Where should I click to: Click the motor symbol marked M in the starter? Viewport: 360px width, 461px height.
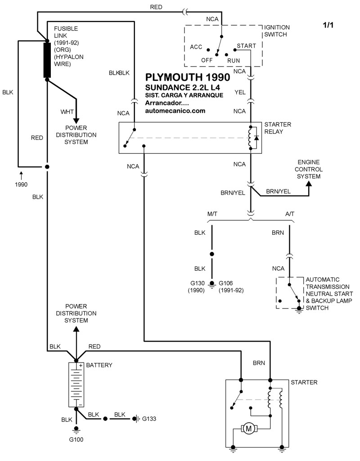(248, 429)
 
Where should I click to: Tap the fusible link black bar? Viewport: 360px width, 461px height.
(47, 60)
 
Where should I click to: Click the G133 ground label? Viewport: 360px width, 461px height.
(149, 419)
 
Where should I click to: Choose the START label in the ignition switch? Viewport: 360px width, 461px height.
(246, 46)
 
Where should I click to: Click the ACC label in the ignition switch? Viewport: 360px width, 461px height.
(196, 46)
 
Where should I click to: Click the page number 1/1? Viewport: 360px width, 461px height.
(329, 26)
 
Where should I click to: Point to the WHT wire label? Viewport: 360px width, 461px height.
(67, 111)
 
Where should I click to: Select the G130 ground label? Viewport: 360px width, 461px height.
(196, 283)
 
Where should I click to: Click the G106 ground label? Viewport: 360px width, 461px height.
(228, 283)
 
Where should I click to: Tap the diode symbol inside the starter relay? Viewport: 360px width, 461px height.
(256, 137)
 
